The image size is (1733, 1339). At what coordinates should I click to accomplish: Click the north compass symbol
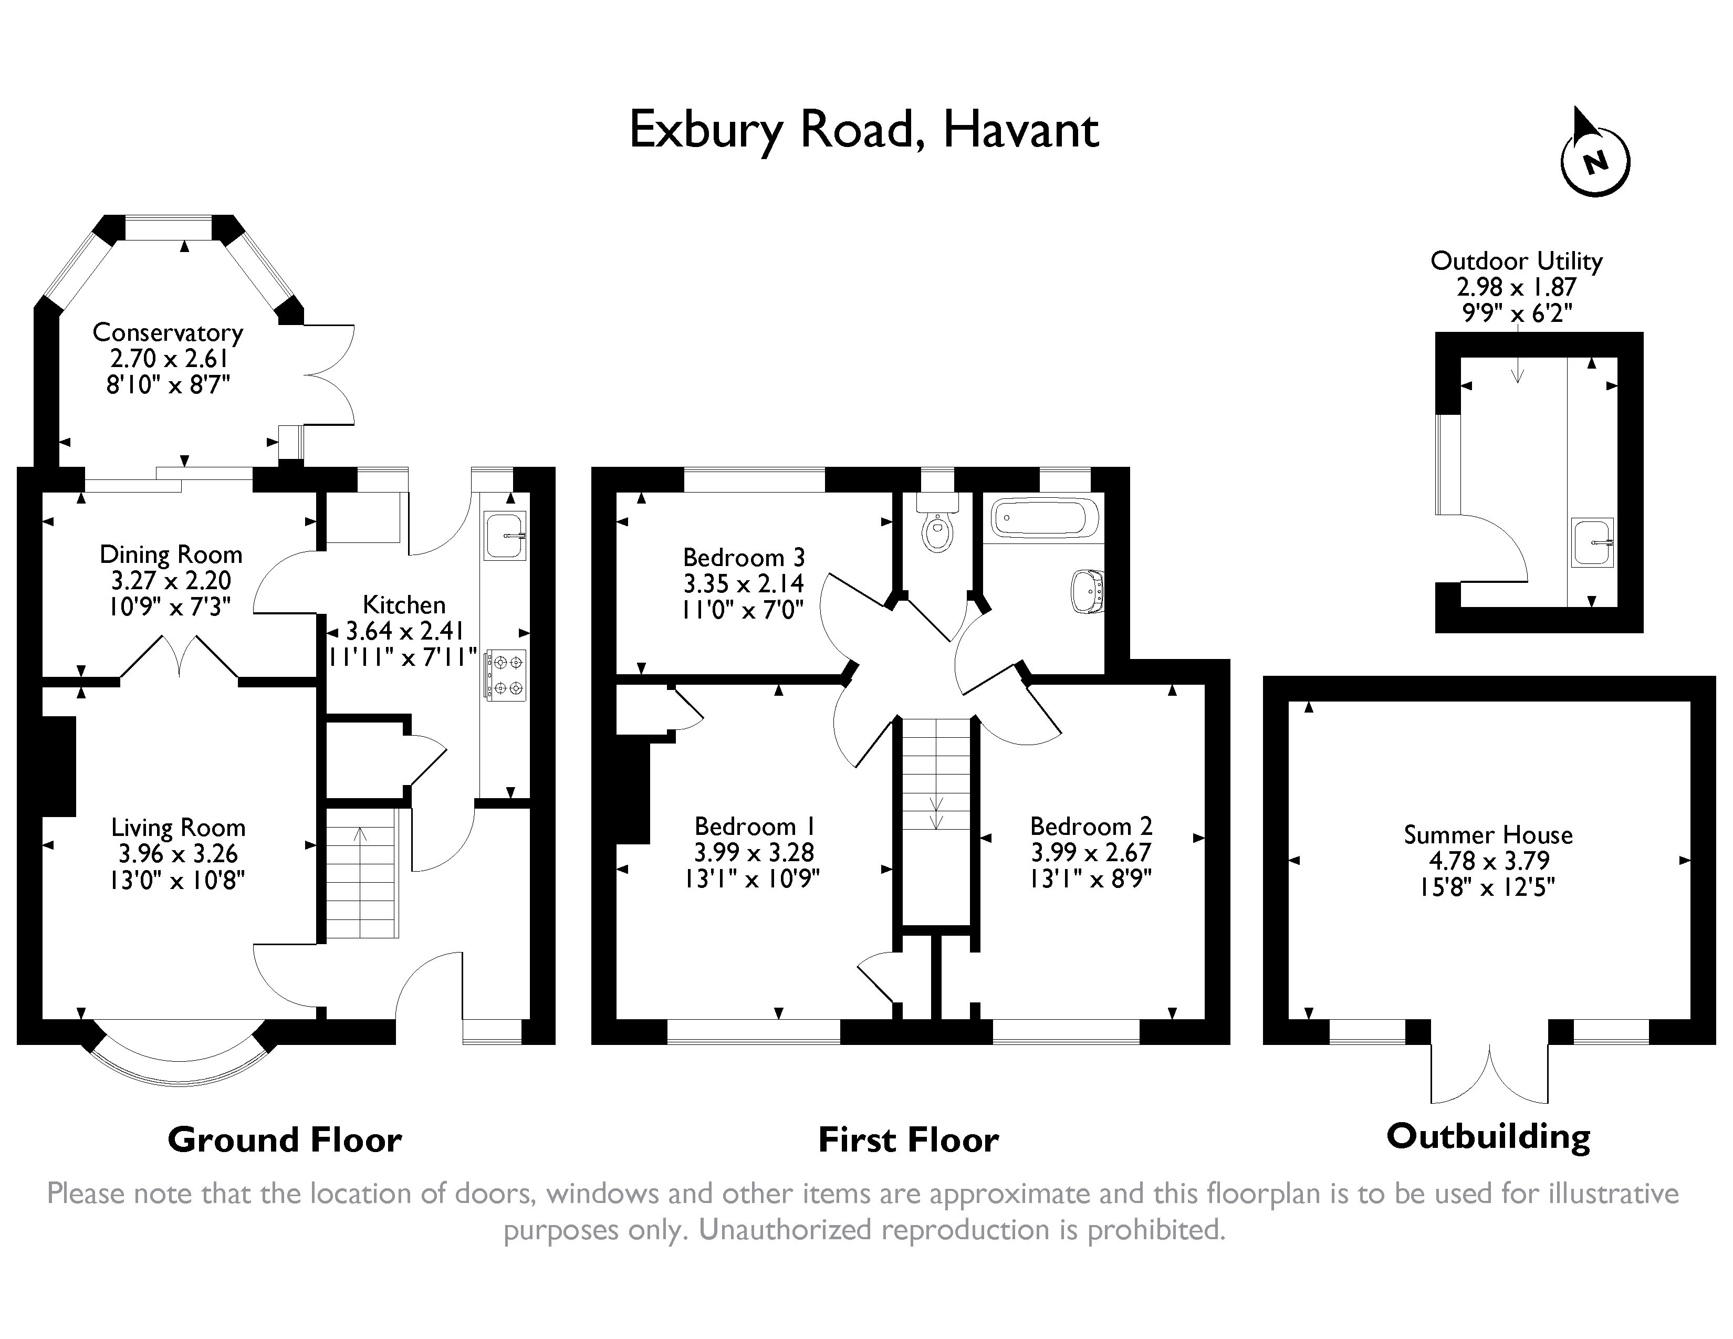click(1595, 161)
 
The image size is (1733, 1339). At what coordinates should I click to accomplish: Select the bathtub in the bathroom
click(1043, 518)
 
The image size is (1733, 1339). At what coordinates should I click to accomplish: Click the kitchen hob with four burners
click(505, 674)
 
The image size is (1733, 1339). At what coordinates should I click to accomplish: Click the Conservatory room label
click(168, 332)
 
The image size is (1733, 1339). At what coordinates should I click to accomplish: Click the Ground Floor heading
click(284, 1140)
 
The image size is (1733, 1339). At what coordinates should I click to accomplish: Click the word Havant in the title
click(1020, 131)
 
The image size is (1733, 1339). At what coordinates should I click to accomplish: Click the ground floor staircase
click(361, 873)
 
